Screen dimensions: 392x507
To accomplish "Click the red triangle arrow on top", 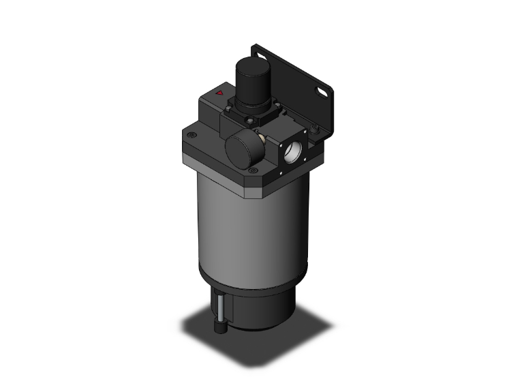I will tap(219, 93).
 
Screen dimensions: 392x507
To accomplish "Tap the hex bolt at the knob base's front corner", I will tap(250, 122).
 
